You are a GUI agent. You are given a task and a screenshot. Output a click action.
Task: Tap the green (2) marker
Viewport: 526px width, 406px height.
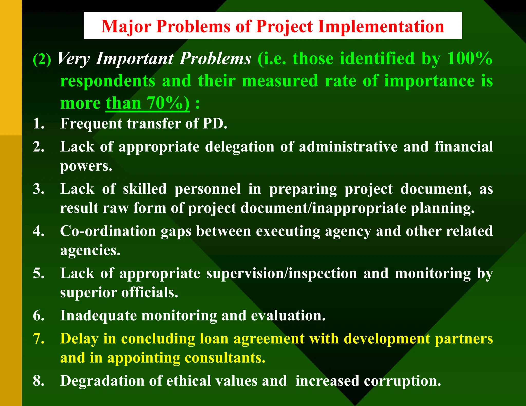(x=42, y=59)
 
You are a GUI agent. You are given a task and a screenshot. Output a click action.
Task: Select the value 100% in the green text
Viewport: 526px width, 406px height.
(x=469, y=58)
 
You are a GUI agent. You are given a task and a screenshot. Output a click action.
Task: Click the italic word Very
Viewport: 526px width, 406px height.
(x=73, y=59)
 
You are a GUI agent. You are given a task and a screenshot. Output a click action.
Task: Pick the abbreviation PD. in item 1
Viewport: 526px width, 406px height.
(x=215, y=123)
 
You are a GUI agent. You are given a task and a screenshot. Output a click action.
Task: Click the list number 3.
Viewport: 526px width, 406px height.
(x=39, y=189)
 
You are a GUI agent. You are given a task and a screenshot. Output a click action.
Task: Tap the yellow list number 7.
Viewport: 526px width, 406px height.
(x=39, y=339)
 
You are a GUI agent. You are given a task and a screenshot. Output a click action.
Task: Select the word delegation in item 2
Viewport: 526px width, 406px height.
(x=240, y=147)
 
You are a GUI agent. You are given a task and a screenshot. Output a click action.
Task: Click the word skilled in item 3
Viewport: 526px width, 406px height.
(x=145, y=189)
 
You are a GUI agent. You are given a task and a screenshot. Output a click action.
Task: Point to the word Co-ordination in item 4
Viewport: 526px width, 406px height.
(x=108, y=231)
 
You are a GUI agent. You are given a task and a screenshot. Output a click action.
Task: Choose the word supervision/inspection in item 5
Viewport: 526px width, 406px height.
(x=282, y=273)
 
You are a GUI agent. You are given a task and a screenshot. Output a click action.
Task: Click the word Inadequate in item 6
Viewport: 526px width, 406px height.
(x=98, y=315)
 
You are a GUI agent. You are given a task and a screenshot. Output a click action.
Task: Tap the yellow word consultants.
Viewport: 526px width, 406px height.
(x=225, y=358)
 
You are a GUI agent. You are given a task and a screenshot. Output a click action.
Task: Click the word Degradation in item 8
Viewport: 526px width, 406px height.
(x=102, y=381)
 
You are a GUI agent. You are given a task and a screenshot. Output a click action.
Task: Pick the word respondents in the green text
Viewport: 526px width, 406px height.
(x=108, y=81)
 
